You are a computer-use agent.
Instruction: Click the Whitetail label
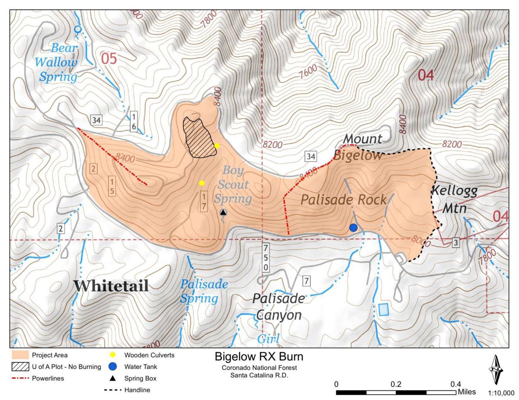click(111, 286)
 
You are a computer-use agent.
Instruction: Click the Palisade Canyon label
click(278, 307)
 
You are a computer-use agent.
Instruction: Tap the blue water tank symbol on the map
click(353, 228)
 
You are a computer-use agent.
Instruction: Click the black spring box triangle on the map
click(223, 212)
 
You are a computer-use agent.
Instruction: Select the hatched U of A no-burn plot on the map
click(199, 137)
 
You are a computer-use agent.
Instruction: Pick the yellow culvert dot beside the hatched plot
click(217, 146)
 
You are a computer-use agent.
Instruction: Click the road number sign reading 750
click(265, 257)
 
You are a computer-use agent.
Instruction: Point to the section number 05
click(109, 58)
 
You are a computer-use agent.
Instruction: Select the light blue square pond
click(383, 309)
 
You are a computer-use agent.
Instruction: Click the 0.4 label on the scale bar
click(455, 384)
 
